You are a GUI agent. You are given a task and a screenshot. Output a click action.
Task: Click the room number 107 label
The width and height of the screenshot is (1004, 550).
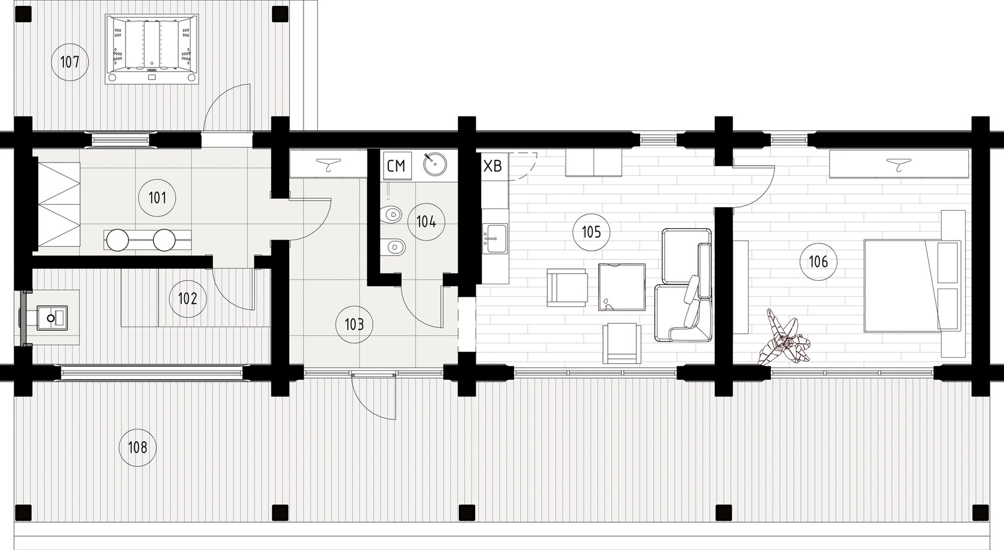70,62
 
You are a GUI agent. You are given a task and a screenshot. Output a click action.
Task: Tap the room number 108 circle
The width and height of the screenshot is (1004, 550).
137,447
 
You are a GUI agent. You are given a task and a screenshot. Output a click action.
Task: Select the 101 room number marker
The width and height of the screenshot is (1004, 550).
157,198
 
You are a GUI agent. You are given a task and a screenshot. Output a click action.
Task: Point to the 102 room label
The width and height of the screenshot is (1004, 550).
188,299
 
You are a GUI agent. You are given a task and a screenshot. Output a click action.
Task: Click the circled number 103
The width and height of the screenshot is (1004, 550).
354,324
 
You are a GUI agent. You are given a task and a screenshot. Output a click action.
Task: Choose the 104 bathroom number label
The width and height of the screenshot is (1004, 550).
426,222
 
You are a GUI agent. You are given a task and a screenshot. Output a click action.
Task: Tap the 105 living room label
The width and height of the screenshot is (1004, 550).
591,232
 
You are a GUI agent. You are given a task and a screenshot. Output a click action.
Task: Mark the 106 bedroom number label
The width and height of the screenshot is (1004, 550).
819,262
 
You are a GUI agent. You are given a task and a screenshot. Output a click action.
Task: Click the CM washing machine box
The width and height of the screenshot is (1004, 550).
397,166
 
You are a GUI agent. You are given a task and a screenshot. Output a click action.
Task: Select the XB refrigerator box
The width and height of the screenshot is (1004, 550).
492,166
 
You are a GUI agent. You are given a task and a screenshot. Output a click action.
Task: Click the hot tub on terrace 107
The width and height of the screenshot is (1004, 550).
152,49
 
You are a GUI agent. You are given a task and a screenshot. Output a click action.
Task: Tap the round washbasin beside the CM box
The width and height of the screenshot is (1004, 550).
435,164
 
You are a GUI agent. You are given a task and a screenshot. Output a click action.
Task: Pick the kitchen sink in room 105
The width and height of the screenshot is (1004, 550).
495,239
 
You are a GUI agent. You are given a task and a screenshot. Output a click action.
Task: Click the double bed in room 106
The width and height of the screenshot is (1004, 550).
913,285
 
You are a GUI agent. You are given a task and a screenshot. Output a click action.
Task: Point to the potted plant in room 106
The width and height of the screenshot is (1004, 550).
783,336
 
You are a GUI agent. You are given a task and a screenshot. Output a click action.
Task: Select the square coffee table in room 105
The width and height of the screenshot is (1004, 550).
622,287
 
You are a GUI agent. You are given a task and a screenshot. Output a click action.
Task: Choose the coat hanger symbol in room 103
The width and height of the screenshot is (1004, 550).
329,164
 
